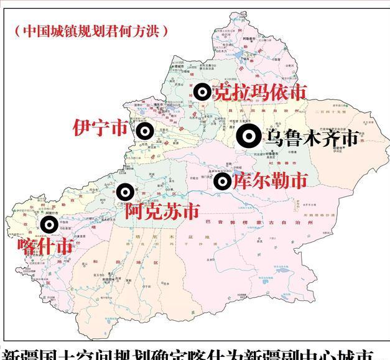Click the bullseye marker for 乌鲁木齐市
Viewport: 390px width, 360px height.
248,136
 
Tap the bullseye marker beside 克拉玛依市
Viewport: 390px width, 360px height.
202,92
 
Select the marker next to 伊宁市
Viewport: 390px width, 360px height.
145,131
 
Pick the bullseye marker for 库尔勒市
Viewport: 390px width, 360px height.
222,182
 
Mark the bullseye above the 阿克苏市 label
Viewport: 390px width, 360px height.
125,192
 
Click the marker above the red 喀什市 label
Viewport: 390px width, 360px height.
49,224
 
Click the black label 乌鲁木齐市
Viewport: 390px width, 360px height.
312,137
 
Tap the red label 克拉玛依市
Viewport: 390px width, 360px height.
259,92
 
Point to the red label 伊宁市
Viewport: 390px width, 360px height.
100,128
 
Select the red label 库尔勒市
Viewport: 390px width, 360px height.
269,181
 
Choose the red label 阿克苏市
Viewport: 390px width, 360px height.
162,212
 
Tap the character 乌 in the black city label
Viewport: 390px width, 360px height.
274,137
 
